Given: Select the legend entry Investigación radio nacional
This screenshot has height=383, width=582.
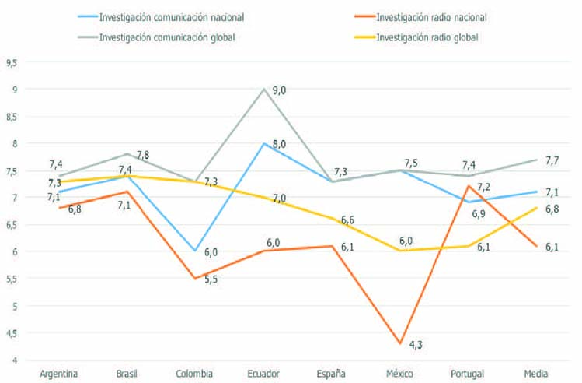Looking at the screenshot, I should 432,16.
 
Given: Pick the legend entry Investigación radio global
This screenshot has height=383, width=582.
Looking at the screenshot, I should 427,36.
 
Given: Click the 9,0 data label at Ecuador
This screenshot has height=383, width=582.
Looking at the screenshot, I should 279,91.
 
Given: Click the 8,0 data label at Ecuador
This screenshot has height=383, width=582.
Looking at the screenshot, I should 279,144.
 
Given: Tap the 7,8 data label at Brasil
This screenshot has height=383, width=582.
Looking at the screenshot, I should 144,156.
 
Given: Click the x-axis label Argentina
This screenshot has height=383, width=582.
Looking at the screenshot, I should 59,374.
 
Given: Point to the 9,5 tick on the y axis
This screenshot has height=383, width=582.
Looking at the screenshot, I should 10,62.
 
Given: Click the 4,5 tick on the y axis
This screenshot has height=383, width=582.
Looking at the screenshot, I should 10,333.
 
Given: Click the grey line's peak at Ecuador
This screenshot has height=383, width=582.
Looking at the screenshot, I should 264,89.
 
